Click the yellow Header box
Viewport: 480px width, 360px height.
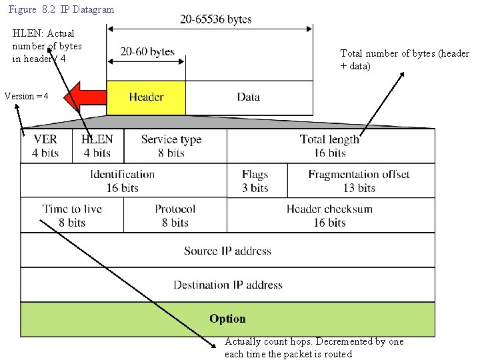click(146, 97)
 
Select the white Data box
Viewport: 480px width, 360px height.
click(249, 97)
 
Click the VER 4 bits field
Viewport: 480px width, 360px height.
click(45, 146)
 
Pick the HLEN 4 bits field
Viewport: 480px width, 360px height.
click(97, 146)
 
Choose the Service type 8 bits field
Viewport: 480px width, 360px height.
click(171, 146)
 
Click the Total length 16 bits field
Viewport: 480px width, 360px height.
click(330, 146)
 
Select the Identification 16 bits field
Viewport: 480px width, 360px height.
click(123, 181)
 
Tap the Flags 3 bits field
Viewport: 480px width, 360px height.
click(255, 181)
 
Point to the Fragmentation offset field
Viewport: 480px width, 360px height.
click(359, 181)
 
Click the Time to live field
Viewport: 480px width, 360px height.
click(72, 215)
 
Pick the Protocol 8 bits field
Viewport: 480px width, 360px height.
click(175, 215)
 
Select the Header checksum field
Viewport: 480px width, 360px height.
click(330, 215)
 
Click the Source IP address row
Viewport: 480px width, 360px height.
click(227, 251)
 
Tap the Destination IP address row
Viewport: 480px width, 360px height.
click(227, 285)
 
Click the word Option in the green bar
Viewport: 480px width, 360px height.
click(227, 319)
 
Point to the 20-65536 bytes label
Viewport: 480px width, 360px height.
click(216, 19)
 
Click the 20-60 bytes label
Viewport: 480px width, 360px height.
click(147, 51)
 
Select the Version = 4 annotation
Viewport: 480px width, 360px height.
click(27, 96)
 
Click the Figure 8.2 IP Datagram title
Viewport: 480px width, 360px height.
click(61, 9)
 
